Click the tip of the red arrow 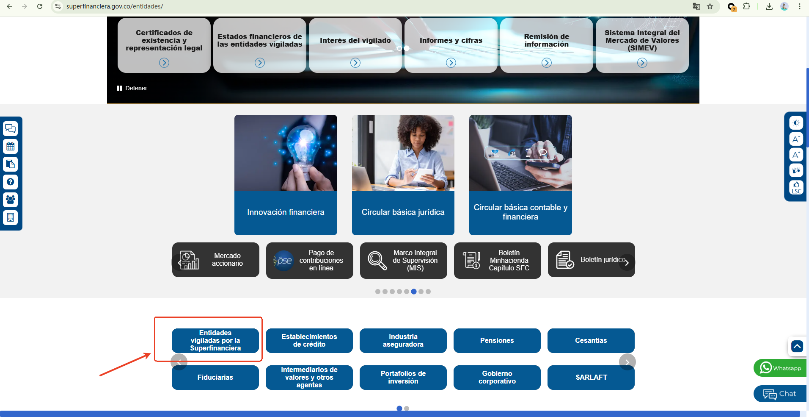tap(151, 353)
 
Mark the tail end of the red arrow tap(100, 375)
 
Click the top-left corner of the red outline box tap(154, 317)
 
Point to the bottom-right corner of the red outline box tap(262, 361)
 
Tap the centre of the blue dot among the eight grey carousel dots tap(414, 292)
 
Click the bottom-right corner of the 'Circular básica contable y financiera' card tap(572, 235)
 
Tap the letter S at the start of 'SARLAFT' tap(578, 377)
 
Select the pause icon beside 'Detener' tap(119, 88)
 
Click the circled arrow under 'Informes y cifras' tap(451, 63)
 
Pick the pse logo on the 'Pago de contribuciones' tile tap(283, 261)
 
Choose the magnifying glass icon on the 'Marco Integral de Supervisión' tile tap(377, 260)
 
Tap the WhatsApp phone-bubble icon tap(766, 367)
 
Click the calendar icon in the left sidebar tap(11, 147)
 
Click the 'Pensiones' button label tap(497, 341)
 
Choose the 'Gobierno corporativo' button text tap(497, 378)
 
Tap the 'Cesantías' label tap(591, 341)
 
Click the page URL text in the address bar tap(115, 6)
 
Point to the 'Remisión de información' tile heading tap(547, 40)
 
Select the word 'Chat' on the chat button tap(787, 394)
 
